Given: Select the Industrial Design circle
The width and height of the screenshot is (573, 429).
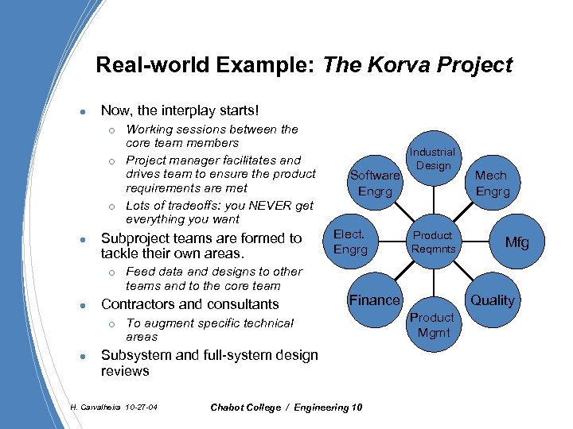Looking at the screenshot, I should click(x=432, y=158).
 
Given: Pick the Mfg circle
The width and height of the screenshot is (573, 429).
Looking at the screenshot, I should click(x=517, y=242).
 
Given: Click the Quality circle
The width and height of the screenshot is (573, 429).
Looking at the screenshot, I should click(x=492, y=300).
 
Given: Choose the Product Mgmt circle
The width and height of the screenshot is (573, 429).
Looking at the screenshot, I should click(x=432, y=324).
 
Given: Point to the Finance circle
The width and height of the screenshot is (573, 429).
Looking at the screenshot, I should click(x=374, y=300).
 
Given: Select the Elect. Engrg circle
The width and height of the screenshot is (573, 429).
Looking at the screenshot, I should click(x=350, y=242).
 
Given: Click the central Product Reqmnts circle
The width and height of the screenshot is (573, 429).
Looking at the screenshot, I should click(x=432, y=242).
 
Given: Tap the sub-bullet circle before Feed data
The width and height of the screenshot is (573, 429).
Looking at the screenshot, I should click(x=114, y=272).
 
